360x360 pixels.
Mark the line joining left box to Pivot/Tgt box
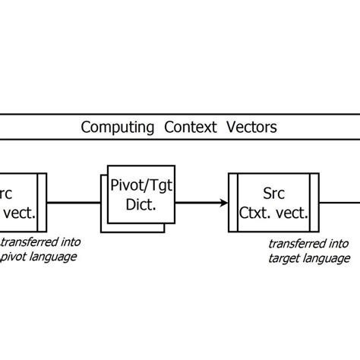74,203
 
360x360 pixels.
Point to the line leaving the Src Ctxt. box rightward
338,203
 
